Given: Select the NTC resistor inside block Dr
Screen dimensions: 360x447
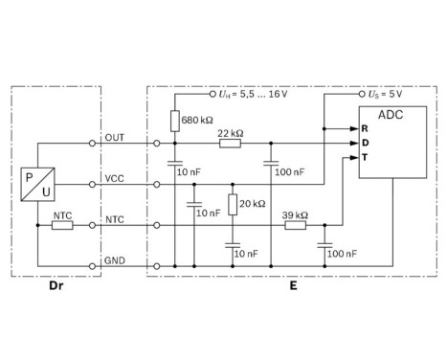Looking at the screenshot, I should tap(62, 225).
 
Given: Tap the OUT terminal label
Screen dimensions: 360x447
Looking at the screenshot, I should tap(115, 135).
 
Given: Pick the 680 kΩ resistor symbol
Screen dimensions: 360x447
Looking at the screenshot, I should tap(174, 120).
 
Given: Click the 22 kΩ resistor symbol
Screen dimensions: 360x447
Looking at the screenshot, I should tap(230, 144).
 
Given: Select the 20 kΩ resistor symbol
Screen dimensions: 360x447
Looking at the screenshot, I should tap(231, 204).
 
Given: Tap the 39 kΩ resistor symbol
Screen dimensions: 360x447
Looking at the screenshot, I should tap(295, 225).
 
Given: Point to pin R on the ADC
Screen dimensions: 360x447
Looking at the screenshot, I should tap(364, 128).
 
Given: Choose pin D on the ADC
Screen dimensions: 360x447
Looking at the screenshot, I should tap(364, 143).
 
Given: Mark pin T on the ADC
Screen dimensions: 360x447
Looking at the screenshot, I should tap(364, 157).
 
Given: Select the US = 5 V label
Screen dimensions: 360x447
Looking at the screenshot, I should tap(385, 96).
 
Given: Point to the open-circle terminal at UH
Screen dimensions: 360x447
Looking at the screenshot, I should tap(212, 96).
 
